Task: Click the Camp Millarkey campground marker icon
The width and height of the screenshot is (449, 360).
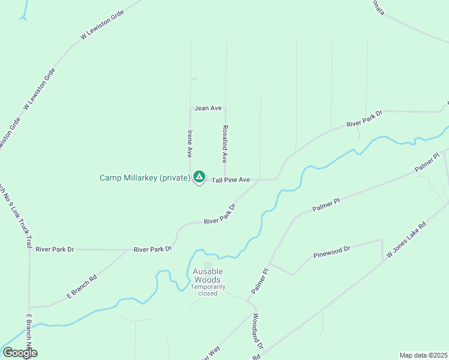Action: click(199, 178)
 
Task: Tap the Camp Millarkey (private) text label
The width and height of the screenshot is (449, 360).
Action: click(145, 178)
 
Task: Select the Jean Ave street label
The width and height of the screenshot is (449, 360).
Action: click(208, 108)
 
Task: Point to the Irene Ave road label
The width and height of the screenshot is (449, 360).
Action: click(190, 143)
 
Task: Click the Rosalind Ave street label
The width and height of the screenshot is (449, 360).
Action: click(225, 144)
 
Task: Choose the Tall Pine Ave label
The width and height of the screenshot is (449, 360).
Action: click(231, 179)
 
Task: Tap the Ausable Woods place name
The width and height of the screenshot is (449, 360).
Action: click(207, 275)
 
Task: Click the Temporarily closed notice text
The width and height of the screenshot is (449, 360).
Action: click(208, 290)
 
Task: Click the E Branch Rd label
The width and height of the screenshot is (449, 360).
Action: click(82, 287)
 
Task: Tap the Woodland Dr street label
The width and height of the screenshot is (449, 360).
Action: click(258, 332)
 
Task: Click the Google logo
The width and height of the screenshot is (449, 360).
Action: click(20, 352)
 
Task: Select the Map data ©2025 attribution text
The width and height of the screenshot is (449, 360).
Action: click(423, 355)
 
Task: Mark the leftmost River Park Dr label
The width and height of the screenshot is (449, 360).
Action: click(55, 249)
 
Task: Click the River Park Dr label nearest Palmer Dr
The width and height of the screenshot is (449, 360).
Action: click(364, 119)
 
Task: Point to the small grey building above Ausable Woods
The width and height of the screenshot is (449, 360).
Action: click(208, 265)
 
